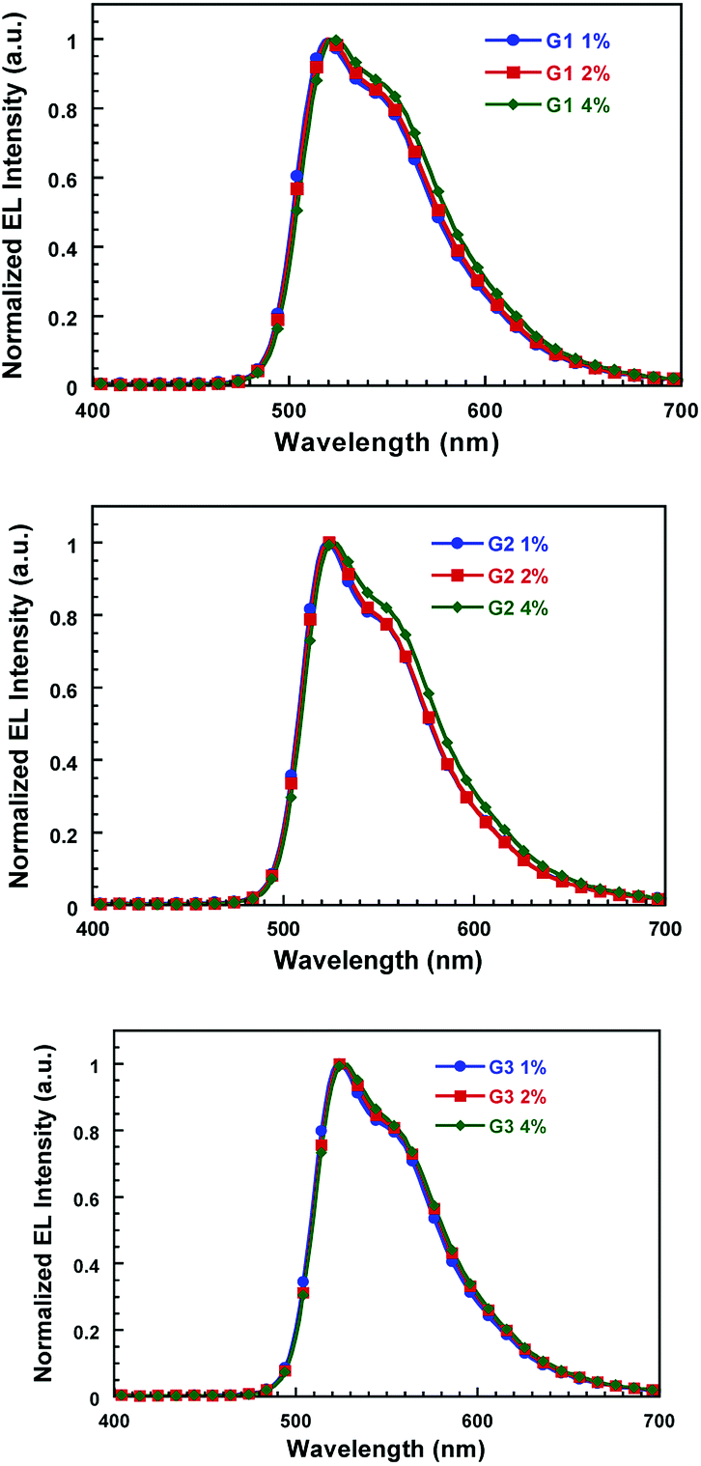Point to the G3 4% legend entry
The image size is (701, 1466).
coord(522,1125)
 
